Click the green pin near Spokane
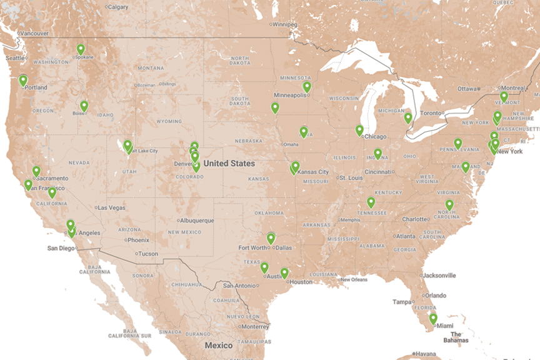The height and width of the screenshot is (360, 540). pyautogui.click(x=81, y=49)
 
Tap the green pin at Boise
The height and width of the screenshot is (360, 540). pyautogui.click(x=84, y=106)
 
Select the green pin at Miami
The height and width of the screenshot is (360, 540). pyautogui.click(x=432, y=318)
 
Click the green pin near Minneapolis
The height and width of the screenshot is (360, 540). pyautogui.click(x=306, y=86)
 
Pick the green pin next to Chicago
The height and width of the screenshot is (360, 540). pyautogui.click(x=359, y=130)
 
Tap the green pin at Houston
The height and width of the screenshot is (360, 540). pyautogui.click(x=284, y=273)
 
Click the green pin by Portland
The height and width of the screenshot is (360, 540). pyautogui.click(x=23, y=80)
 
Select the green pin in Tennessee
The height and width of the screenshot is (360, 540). pyautogui.click(x=371, y=202)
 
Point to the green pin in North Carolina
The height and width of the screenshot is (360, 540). pyautogui.click(x=449, y=204)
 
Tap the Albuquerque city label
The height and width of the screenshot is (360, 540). pyautogui.click(x=196, y=220)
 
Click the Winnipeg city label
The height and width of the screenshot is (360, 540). pyautogui.click(x=285, y=25)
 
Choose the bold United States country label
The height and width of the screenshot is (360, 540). pyautogui.click(x=229, y=164)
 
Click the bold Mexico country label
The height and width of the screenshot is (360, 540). pyautogui.click(x=219, y=345)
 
